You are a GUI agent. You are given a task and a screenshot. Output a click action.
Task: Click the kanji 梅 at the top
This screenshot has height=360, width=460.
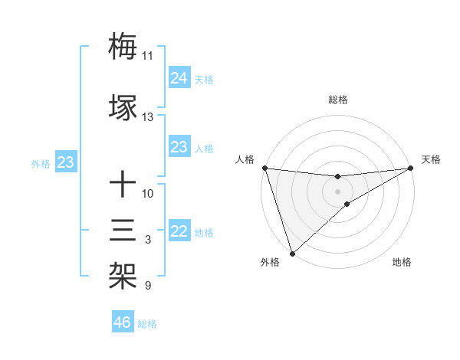[x=123, y=45]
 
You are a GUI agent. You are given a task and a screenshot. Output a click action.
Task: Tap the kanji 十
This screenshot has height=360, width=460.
[x=123, y=185]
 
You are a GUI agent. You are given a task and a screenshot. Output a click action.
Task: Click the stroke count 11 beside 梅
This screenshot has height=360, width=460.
[x=147, y=56]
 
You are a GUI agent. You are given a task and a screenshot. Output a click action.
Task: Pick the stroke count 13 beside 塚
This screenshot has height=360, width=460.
[x=147, y=117]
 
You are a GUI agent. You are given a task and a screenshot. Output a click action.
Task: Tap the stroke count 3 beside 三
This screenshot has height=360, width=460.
[x=147, y=241]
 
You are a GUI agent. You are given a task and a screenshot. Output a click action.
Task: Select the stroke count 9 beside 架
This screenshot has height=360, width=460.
[x=147, y=286]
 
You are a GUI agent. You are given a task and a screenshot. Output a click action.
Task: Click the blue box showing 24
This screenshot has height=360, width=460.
[x=179, y=77]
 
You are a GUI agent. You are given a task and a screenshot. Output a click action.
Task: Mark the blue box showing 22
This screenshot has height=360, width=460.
[x=179, y=232]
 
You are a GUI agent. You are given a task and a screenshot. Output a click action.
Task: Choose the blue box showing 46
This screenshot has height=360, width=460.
[x=123, y=322]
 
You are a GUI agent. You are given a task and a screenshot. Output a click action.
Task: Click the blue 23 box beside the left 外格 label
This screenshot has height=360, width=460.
[x=65, y=162]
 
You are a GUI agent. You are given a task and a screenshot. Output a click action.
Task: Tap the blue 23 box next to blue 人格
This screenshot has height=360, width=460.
[x=179, y=147]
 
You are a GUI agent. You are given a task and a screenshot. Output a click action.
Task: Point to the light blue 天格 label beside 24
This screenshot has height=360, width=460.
[x=204, y=79]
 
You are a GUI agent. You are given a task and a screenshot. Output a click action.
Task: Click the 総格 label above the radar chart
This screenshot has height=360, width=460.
[x=337, y=100]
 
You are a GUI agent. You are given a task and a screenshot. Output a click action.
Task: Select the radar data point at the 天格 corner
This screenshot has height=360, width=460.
[x=411, y=168]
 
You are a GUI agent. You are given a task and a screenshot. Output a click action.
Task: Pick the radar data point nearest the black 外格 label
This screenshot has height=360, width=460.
[x=291, y=253]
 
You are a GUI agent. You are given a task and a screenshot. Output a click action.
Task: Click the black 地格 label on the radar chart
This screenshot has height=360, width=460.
[x=402, y=262]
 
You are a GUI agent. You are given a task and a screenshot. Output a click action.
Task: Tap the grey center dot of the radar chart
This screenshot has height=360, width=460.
[x=337, y=191]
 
